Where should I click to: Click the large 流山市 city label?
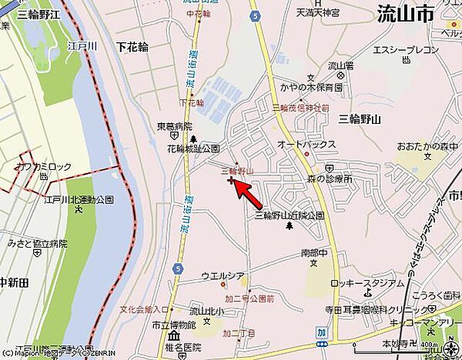(x=406, y=13)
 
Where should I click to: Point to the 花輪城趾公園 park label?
(x=193, y=148)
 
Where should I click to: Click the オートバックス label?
(x=306, y=144)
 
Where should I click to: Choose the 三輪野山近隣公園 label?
(x=290, y=216)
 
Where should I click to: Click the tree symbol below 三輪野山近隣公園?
(x=290, y=227)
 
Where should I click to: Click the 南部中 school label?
(x=310, y=252)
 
